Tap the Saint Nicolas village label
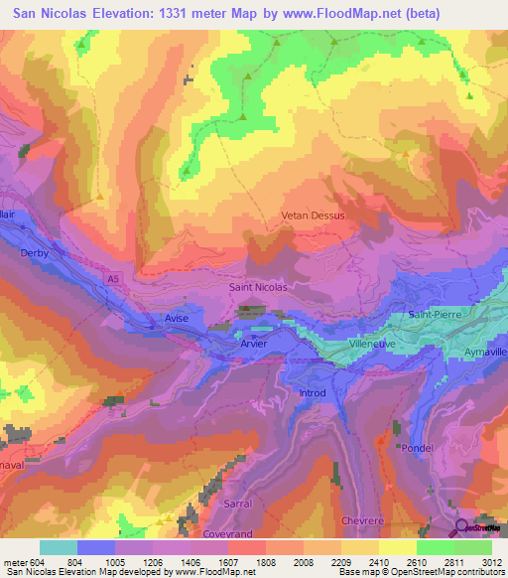[x=258, y=288]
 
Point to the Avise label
[x=177, y=318]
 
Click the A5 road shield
[x=114, y=279]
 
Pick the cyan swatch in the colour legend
[x=58, y=547]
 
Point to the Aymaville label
[x=484, y=354]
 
